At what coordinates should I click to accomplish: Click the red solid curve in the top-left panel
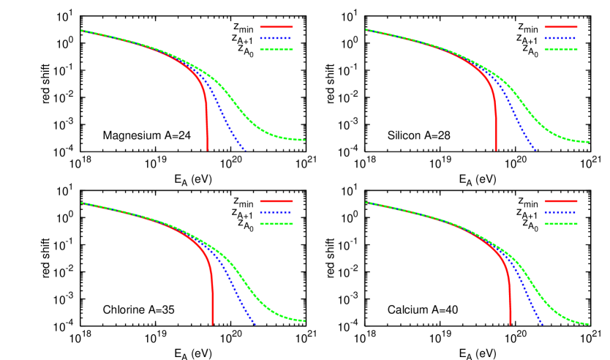pyautogui.click(x=207, y=124)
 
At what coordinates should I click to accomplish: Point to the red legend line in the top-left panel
pyautogui.click(x=276, y=27)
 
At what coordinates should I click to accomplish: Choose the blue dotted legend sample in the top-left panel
pyautogui.click(x=276, y=38)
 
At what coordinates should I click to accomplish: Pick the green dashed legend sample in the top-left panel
pyautogui.click(x=276, y=50)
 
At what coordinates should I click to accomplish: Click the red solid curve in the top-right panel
pyautogui.click(x=495, y=124)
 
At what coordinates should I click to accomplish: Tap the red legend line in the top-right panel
pyautogui.click(x=560, y=27)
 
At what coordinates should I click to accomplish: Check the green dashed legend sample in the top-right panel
pyautogui.click(x=560, y=50)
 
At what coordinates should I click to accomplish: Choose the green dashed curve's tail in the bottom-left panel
pyautogui.click(x=293, y=319)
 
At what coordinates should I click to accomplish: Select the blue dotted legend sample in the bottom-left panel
pyautogui.click(x=276, y=212)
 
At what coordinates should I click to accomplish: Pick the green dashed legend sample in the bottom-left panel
pyautogui.click(x=276, y=224)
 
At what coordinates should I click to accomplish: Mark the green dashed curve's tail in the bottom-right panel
pyautogui.click(x=578, y=322)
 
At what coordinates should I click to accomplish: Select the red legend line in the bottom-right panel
pyautogui.click(x=560, y=200)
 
